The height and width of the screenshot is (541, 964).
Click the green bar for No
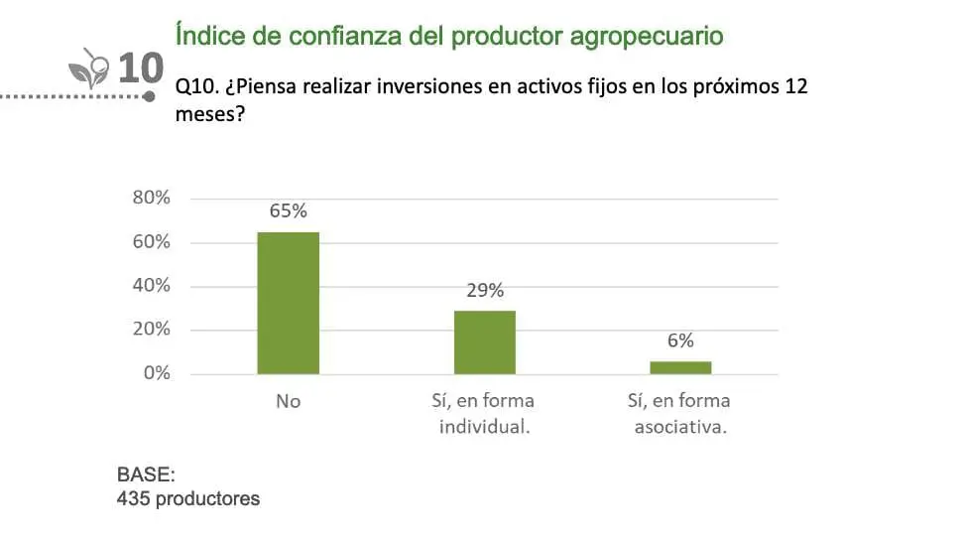coord(288,303)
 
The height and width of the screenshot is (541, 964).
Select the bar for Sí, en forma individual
coord(484,342)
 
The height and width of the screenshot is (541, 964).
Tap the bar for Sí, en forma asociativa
coord(680,367)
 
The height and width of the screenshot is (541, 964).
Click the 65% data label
coord(288,210)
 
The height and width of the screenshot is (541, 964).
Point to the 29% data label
coord(484,290)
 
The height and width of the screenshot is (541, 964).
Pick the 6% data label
coord(680,340)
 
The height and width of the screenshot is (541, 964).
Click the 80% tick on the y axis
coord(152,198)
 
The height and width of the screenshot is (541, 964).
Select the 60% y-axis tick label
coord(152,242)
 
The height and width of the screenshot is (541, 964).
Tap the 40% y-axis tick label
coord(152,286)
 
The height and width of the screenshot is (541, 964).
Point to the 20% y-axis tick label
coord(152,330)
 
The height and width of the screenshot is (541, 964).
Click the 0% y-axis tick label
coord(157,373)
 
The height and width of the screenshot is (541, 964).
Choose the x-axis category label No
coord(288,402)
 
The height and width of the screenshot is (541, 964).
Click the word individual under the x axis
coord(484,428)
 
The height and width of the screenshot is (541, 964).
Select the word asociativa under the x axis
coord(680,428)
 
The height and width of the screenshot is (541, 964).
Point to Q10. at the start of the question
coord(195,87)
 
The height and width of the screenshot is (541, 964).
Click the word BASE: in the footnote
coord(146,474)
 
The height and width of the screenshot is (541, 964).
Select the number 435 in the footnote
coord(133,498)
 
